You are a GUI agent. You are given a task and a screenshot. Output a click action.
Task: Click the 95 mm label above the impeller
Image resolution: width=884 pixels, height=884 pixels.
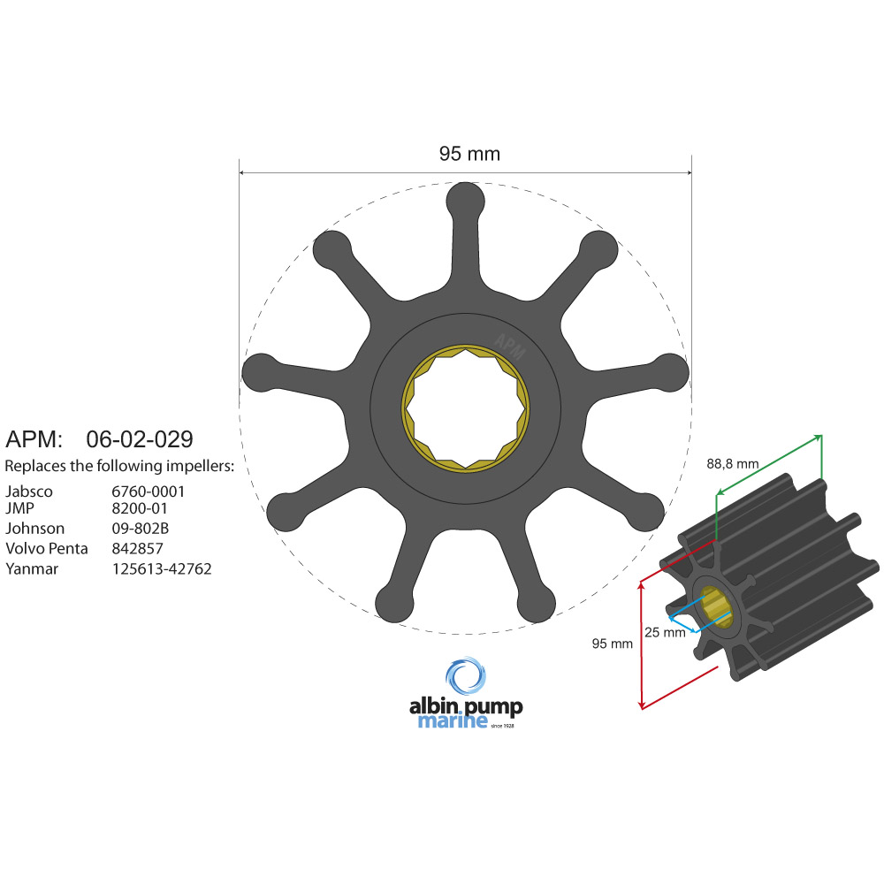469,154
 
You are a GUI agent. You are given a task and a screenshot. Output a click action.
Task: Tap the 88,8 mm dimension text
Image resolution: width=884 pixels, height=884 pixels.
732,462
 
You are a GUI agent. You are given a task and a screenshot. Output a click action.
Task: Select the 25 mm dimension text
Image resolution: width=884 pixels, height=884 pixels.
665,632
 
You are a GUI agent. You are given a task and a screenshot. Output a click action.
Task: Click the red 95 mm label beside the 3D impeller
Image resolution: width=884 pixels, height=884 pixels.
612,644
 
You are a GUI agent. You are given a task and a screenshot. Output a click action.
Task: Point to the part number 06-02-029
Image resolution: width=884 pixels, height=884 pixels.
140,438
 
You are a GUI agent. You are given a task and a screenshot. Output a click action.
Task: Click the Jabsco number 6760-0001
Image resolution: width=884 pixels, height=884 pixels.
148,492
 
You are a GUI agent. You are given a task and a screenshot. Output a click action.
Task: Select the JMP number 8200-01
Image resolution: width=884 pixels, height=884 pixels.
139,509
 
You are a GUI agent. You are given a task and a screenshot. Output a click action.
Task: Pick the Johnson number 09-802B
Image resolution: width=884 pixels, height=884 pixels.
140,529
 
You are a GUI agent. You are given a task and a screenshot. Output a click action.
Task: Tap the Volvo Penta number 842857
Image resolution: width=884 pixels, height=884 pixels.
137,548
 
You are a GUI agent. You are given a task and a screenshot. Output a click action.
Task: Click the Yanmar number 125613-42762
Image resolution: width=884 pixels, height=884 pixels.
162,568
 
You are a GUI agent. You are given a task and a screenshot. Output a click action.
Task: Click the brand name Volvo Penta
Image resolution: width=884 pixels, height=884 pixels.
46,548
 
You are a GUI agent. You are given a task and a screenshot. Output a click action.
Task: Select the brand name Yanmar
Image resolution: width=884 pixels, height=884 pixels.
32,568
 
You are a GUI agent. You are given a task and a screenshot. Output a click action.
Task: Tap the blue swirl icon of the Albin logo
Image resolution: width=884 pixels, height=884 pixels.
465,677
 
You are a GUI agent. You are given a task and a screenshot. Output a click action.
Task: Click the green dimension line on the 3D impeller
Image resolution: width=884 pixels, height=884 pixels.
769,464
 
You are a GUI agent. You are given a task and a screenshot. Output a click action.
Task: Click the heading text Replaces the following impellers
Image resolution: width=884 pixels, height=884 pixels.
119,466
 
